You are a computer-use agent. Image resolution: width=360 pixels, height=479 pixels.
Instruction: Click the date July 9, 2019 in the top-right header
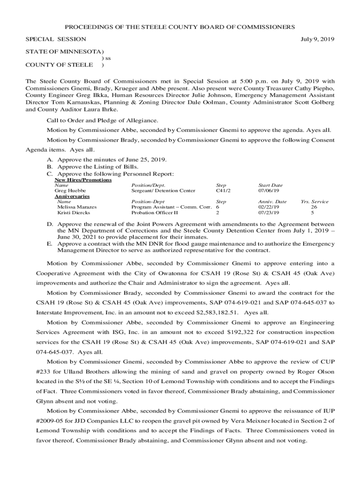tap(317, 39)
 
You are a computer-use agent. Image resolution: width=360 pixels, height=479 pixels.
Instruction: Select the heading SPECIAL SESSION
tap(56, 39)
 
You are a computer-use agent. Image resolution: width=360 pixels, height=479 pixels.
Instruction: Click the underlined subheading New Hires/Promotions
tap(83, 180)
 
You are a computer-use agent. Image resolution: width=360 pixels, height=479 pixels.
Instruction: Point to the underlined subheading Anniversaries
tap(72, 196)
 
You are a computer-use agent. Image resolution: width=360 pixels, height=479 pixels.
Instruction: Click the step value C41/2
tap(223, 191)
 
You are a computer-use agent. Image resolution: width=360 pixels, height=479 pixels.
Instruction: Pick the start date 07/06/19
tap(268, 191)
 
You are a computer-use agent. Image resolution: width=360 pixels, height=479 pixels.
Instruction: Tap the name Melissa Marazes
tap(77, 207)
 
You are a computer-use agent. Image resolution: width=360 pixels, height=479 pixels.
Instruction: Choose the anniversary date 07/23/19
tap(268, 213)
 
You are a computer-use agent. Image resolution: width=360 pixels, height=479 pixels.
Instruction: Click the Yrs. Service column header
tap(314, 202)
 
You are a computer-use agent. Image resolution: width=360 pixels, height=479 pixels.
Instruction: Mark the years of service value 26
tap(314, 207)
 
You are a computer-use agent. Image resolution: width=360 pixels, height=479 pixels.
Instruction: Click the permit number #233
tap(43, 371)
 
